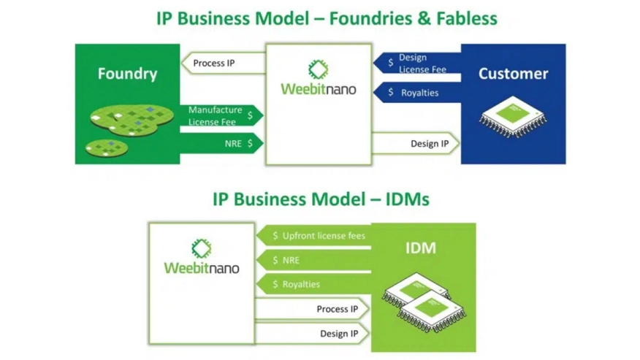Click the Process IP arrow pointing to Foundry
224,64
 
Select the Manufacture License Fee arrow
221,116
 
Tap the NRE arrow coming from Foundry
221,143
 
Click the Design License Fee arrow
416,64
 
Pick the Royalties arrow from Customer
416,92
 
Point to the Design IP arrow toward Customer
416,143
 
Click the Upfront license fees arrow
314,236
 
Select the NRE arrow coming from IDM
314,260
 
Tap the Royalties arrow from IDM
314,284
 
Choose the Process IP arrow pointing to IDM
312,309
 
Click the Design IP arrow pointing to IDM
312,334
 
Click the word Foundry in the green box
127,74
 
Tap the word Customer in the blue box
513,74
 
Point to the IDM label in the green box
421,248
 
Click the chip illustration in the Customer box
513,116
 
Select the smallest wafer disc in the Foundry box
107,148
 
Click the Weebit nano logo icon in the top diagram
319,69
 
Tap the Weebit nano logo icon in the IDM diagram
202,248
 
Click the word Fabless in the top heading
467,18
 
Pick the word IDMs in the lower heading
408,199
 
